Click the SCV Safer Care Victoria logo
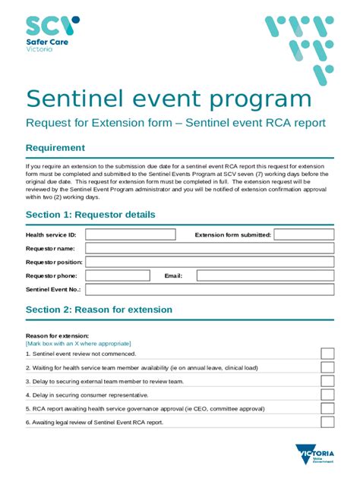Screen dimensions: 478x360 point(52,34)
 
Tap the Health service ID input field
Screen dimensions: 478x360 point(130,235)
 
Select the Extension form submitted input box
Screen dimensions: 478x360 point(303,235)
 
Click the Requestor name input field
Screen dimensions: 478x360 point(209,248)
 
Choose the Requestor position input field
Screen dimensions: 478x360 point(209,262)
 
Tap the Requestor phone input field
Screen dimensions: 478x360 point(118,275)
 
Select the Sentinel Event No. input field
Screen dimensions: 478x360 point(209,289)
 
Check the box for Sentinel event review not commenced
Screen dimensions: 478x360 point(327,354)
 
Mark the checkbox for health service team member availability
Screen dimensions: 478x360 point(327,367)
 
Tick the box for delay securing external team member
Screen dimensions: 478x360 point(327,381)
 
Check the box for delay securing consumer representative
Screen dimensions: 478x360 point(327,395)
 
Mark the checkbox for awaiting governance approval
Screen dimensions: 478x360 point(327,408)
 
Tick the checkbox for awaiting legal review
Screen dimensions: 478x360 point(327,422)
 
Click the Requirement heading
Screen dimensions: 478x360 point(55,148)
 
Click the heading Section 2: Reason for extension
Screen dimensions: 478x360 point(99,310)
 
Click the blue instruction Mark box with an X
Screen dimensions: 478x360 point(78,343)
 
